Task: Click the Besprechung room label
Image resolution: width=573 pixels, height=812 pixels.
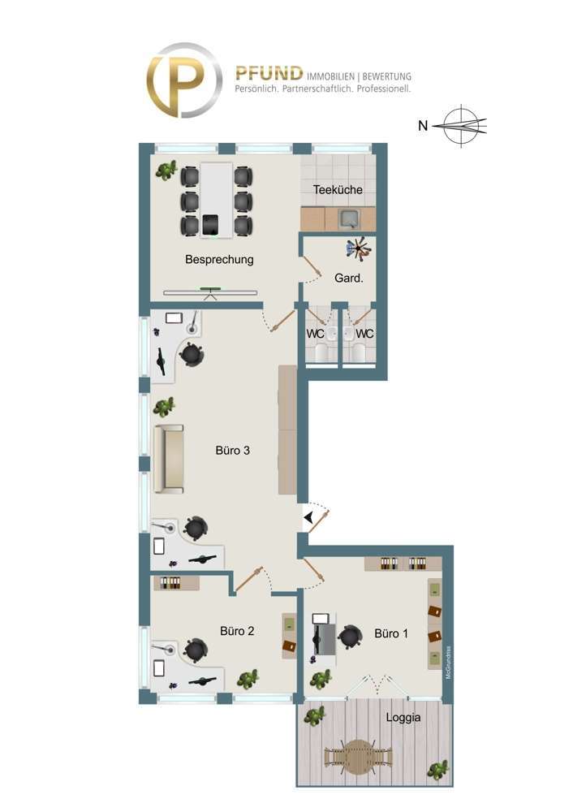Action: pyautogui.click(x=219, y=260)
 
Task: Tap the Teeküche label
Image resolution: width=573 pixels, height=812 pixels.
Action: pyautogui.click(x=338, y=190)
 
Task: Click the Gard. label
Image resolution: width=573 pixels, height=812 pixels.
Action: pyautogui.click(x=349, y=277)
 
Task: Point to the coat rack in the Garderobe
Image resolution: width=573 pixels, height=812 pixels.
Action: pyautogui.click(x=358, y=247)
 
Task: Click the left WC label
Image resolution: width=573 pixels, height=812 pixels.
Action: pyautogui.click(x=315, y=333)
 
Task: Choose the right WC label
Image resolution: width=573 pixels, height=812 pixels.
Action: pyautogui.click(x=365, y=333)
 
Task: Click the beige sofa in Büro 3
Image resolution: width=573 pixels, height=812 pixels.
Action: pyautogui.click(x=169, y=459)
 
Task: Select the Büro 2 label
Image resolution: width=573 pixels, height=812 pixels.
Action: pyautogui.click(x=238, y=630)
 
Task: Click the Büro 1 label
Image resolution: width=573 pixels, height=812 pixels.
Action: pyautogui.click(x=391, y=633)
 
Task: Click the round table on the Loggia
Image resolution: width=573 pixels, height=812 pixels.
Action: pyautogui.click(x=358, y=755)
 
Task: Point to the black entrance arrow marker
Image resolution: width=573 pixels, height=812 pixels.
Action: pyautogui.click(x=309, y=516)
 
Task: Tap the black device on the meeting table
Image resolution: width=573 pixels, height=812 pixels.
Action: pyautogui.click(x=211, y=224)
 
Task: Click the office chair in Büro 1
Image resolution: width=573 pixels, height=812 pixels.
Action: pyautogui.click(x=349, y=637)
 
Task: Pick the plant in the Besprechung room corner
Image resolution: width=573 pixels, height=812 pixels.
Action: pyautogui.click(x=169, y=170)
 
